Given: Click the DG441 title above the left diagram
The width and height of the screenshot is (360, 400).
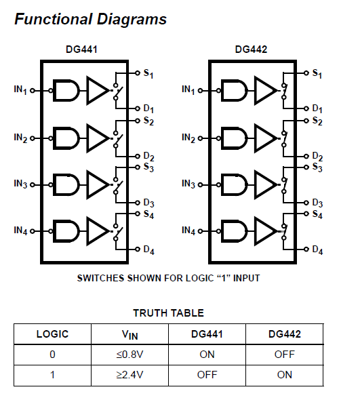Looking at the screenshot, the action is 81,49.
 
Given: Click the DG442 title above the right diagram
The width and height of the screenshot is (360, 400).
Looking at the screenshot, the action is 251,49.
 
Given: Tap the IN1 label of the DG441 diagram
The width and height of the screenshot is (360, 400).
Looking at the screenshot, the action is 20,89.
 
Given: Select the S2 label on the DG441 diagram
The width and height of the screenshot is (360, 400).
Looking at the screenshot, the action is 148,121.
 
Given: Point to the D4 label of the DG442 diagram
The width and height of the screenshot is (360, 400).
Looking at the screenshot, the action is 317,250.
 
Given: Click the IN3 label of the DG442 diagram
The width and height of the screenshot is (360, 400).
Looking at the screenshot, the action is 188,184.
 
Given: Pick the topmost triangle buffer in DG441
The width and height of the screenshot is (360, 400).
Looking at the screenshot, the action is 98,91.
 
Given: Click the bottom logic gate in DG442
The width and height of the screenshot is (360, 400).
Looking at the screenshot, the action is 234,231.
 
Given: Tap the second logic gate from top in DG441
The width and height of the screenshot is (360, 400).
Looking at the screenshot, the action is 66,138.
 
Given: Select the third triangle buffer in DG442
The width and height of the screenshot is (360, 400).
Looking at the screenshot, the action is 266,184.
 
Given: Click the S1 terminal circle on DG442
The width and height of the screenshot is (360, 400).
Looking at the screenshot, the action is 306,73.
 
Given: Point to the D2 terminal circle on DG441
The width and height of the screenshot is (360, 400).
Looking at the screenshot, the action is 138,156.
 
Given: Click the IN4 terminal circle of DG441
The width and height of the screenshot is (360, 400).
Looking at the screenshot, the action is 33,231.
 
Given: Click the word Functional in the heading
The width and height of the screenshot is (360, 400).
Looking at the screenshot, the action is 53,19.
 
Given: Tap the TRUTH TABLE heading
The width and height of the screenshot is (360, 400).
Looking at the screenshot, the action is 169,313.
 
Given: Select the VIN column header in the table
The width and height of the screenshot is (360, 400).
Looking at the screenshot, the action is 130,334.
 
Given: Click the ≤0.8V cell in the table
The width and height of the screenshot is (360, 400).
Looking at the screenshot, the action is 129,355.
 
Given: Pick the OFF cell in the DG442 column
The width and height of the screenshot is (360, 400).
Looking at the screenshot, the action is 285,355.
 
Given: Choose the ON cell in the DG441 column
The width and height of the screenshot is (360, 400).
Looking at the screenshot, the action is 207,355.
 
